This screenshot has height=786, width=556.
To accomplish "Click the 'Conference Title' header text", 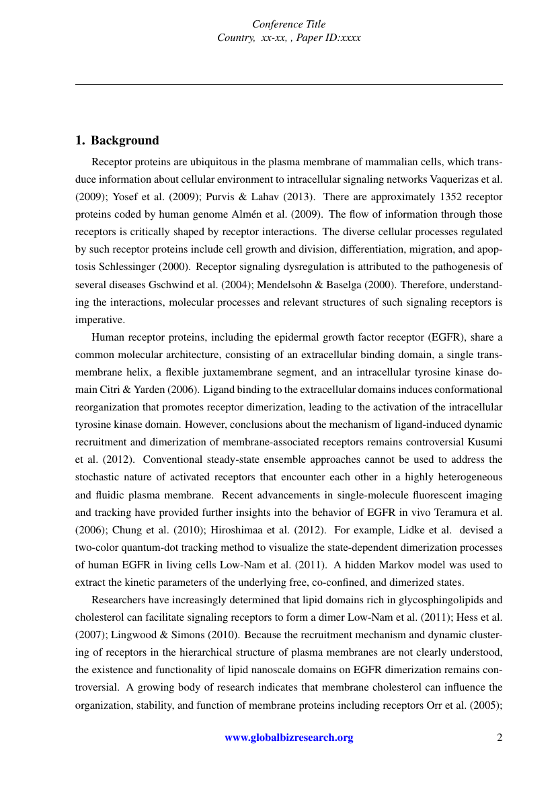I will pos(288,25).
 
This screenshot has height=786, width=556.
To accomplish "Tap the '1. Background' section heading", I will pos(117,140).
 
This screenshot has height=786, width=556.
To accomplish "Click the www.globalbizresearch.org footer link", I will pos(288,738).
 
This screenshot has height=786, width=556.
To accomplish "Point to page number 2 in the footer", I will pos(499,738).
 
